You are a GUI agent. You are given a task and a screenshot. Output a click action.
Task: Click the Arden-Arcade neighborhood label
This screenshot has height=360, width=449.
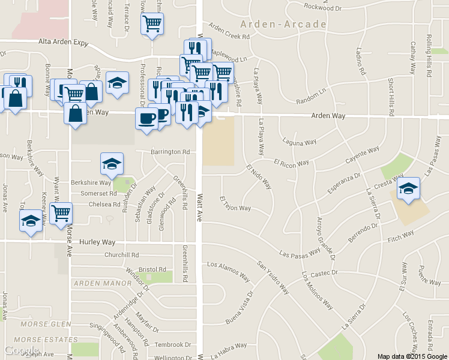[283, 25]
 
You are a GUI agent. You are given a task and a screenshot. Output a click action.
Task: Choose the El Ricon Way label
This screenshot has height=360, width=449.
[291, 163]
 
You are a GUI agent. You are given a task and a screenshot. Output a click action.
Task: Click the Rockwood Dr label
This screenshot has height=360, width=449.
[322, 8]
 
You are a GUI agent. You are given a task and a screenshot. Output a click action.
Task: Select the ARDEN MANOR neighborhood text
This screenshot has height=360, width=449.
[101, 282]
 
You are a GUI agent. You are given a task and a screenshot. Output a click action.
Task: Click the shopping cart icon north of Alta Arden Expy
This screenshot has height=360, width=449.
[152, 25]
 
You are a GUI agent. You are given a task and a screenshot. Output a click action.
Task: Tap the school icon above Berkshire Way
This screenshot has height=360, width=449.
[111, 163]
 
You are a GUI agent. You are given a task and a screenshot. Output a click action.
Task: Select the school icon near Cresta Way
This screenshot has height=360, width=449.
[408, 189]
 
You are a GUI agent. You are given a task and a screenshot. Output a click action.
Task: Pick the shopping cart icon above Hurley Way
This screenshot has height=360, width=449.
[61, 213]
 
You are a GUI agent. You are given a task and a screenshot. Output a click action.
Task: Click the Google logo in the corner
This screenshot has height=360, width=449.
[22, 350]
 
